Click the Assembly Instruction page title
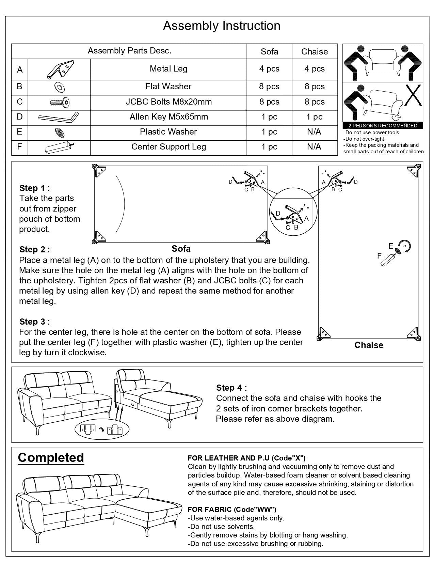(x=222, y=26)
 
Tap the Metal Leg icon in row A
(x=59, y=69)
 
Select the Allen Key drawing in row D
(x=59, y=118)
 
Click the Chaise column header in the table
(x=314, y=52)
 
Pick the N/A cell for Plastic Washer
(x=314, y=132)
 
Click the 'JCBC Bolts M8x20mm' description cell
(x=168, y=102)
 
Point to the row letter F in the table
(x=19, y=147)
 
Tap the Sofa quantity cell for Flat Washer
(x=269, y=87)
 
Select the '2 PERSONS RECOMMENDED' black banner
(x=383, y=126)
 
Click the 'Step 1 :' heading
(x=35, y=188)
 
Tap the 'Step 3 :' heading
(x=35, y=322)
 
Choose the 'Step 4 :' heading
(x=231, y=388)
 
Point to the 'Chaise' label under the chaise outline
(x=369, y=345)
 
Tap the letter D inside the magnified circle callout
(x=278, y=214)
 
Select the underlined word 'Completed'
(x=51, y=457)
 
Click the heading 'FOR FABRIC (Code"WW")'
(x=232, y=510)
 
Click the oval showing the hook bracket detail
(x=102, y=430)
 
